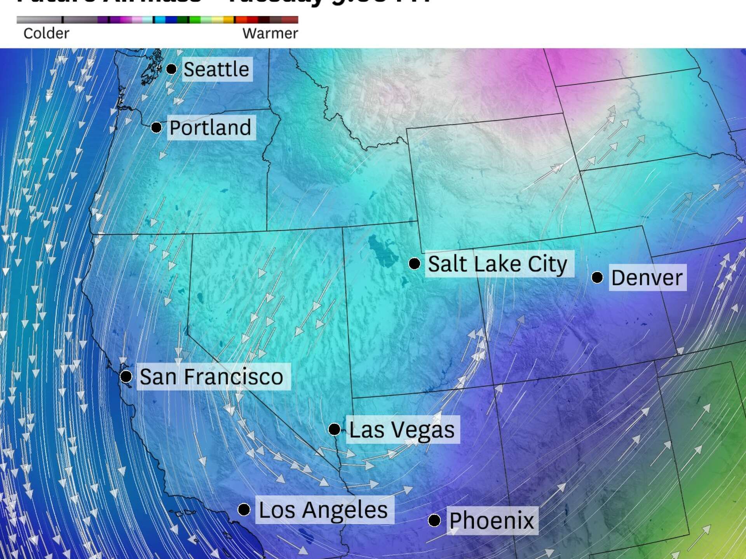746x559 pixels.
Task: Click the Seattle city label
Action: point(216,69)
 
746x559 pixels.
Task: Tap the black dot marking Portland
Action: point(156,127)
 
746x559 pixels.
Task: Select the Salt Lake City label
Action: point(498,264)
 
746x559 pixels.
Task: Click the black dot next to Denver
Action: point(597,278)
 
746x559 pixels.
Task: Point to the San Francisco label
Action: point(211,377)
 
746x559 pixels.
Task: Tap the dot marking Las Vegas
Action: point(334,429)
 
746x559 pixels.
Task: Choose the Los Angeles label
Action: point(323,510)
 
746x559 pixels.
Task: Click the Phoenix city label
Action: point(492,521)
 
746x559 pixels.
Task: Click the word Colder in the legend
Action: point(46,33)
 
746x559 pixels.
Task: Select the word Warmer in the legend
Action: point(270,33)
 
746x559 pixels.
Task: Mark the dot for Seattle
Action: point(171,69)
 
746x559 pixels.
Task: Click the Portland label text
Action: point(211,128)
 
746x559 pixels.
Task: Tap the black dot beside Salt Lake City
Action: point(415,264)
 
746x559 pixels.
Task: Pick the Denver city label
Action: point(647,278)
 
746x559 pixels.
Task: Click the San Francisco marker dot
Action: point(126,376)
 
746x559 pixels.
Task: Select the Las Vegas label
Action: point(402,430)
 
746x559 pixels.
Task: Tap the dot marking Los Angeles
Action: point(244,509)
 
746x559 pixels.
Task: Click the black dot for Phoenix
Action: point(434,521)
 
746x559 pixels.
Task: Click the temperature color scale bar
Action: point(157,20)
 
